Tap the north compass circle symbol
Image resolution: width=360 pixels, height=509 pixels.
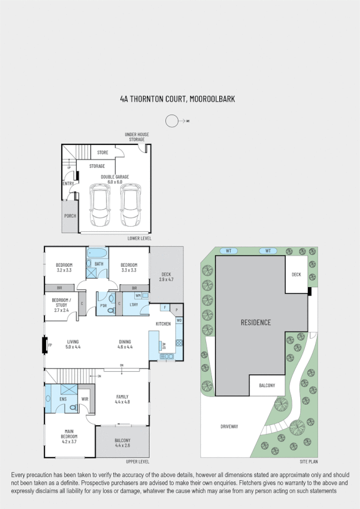(172, 121)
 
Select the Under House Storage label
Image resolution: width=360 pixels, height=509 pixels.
(137, 137)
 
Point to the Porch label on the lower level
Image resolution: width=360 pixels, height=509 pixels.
(70, 216)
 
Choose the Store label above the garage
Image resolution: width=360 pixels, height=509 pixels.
(102, 153)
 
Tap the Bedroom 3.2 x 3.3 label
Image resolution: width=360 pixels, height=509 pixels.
(64, 268)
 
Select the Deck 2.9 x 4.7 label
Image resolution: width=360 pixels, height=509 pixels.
(166, 277)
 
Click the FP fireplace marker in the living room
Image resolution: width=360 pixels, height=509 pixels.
(50, 345)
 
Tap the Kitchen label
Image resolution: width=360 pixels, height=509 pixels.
(164, 324)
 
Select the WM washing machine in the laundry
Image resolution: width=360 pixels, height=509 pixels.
(138, 296)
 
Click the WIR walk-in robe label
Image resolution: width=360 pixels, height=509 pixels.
(84, 399)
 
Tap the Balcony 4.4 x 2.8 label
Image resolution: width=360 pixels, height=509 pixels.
(122, 443)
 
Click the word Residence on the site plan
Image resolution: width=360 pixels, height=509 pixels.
(256, 323)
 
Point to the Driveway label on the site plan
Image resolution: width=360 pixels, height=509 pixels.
(229, 427)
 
